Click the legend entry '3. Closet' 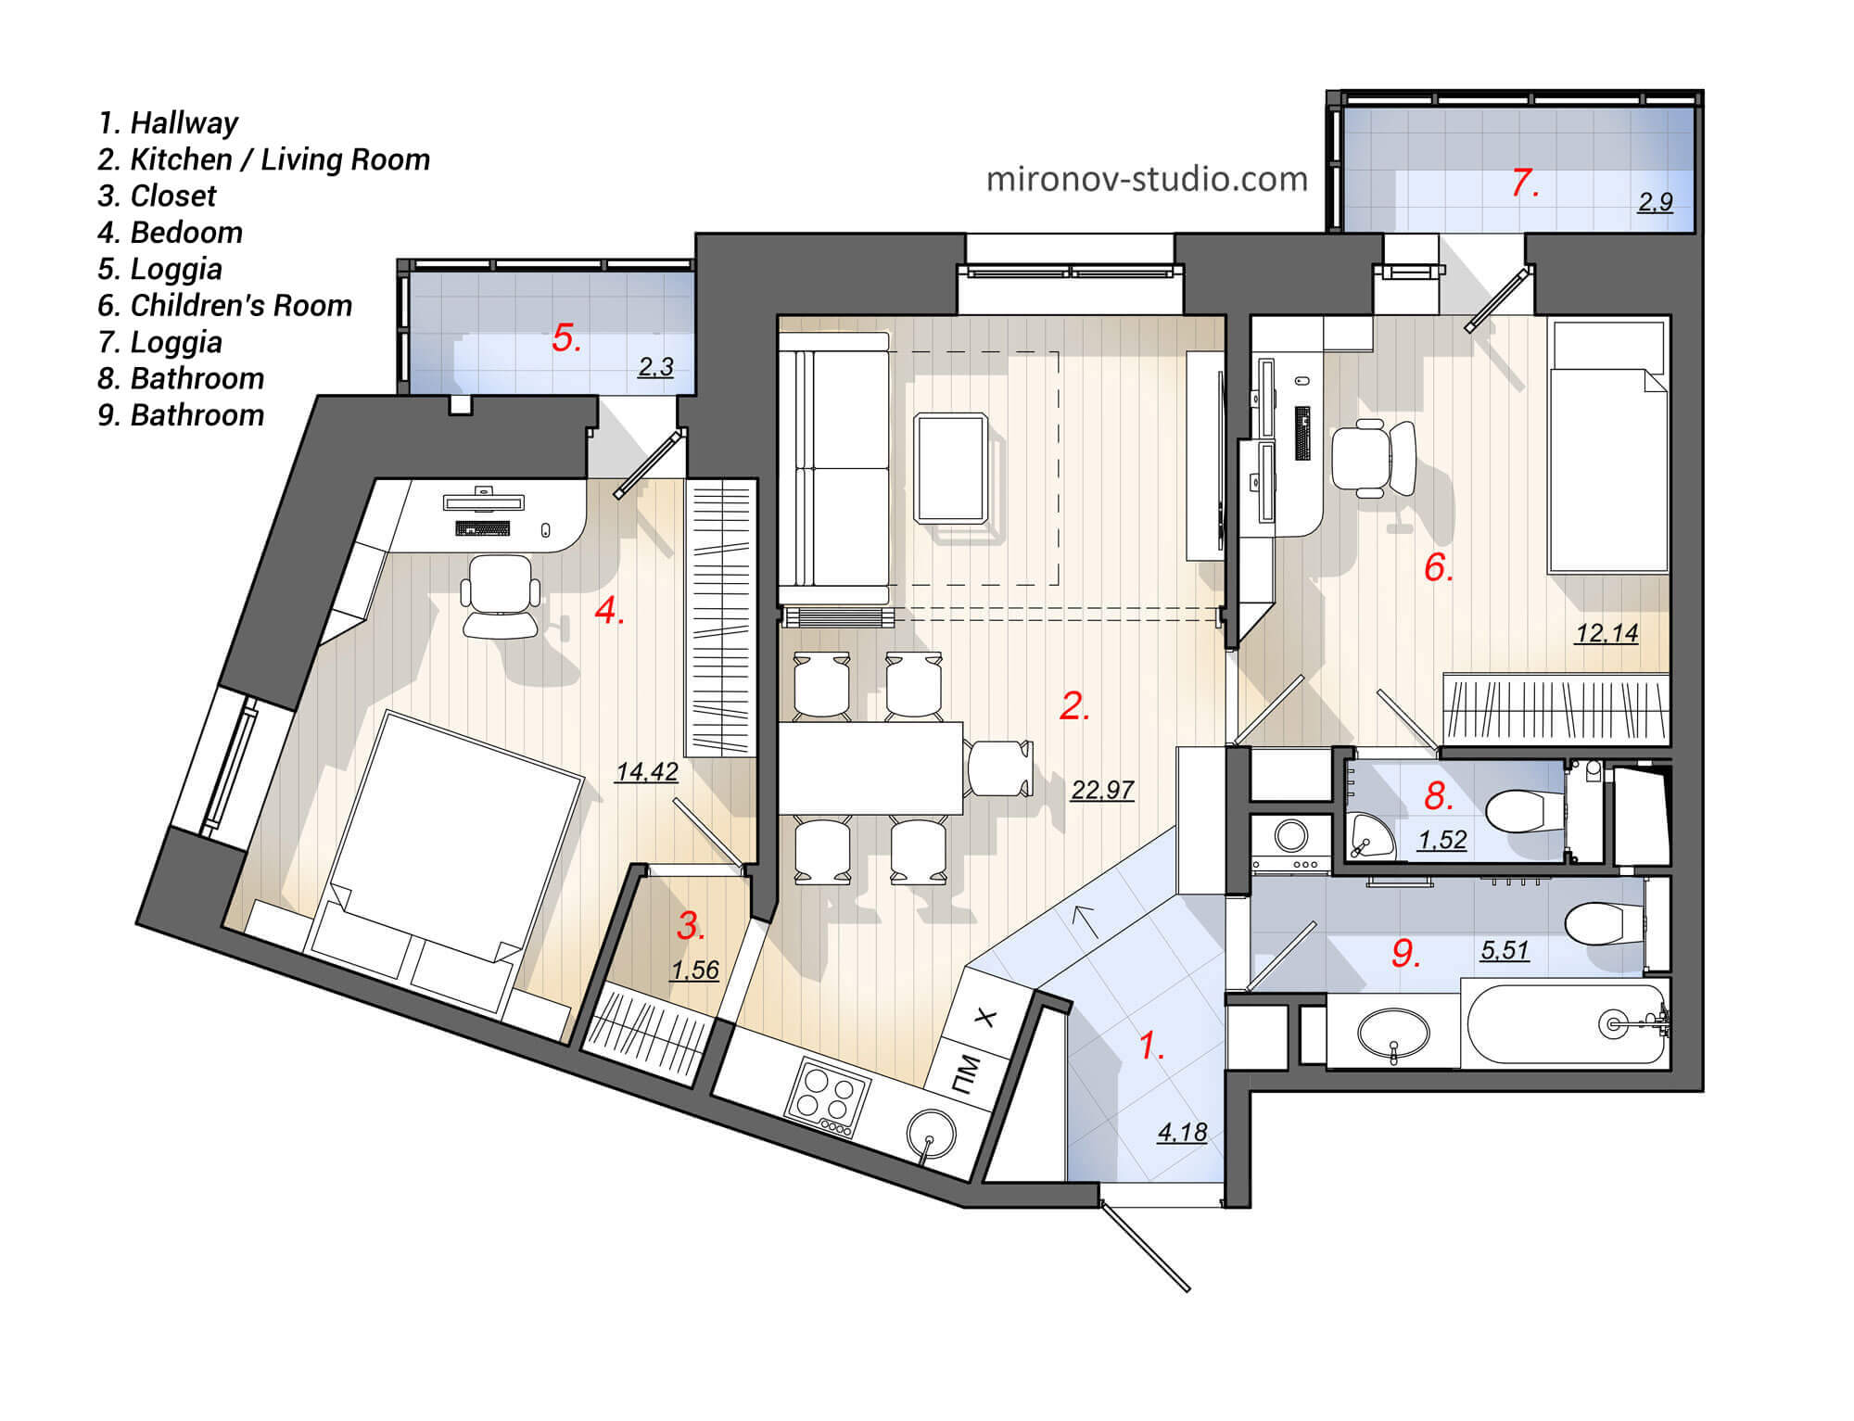tap(157, 196)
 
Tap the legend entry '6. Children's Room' tap(224, 305)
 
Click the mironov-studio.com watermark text tap(1147, 179)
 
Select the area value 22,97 tap(1102, 790)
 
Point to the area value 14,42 tap(647, 771)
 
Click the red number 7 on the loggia tap(1524, 183)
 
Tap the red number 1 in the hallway tap(1150, 1047)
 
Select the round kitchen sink tap(930, 1134)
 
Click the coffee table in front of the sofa tap(950, 468)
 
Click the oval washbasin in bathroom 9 tap(1392, 1031)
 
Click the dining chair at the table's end tap(999, 768)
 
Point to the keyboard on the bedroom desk tap(482, 528)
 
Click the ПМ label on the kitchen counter tap(966, 1073)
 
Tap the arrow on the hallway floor tap(1083, 920)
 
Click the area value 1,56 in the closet tap(695, 971)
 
